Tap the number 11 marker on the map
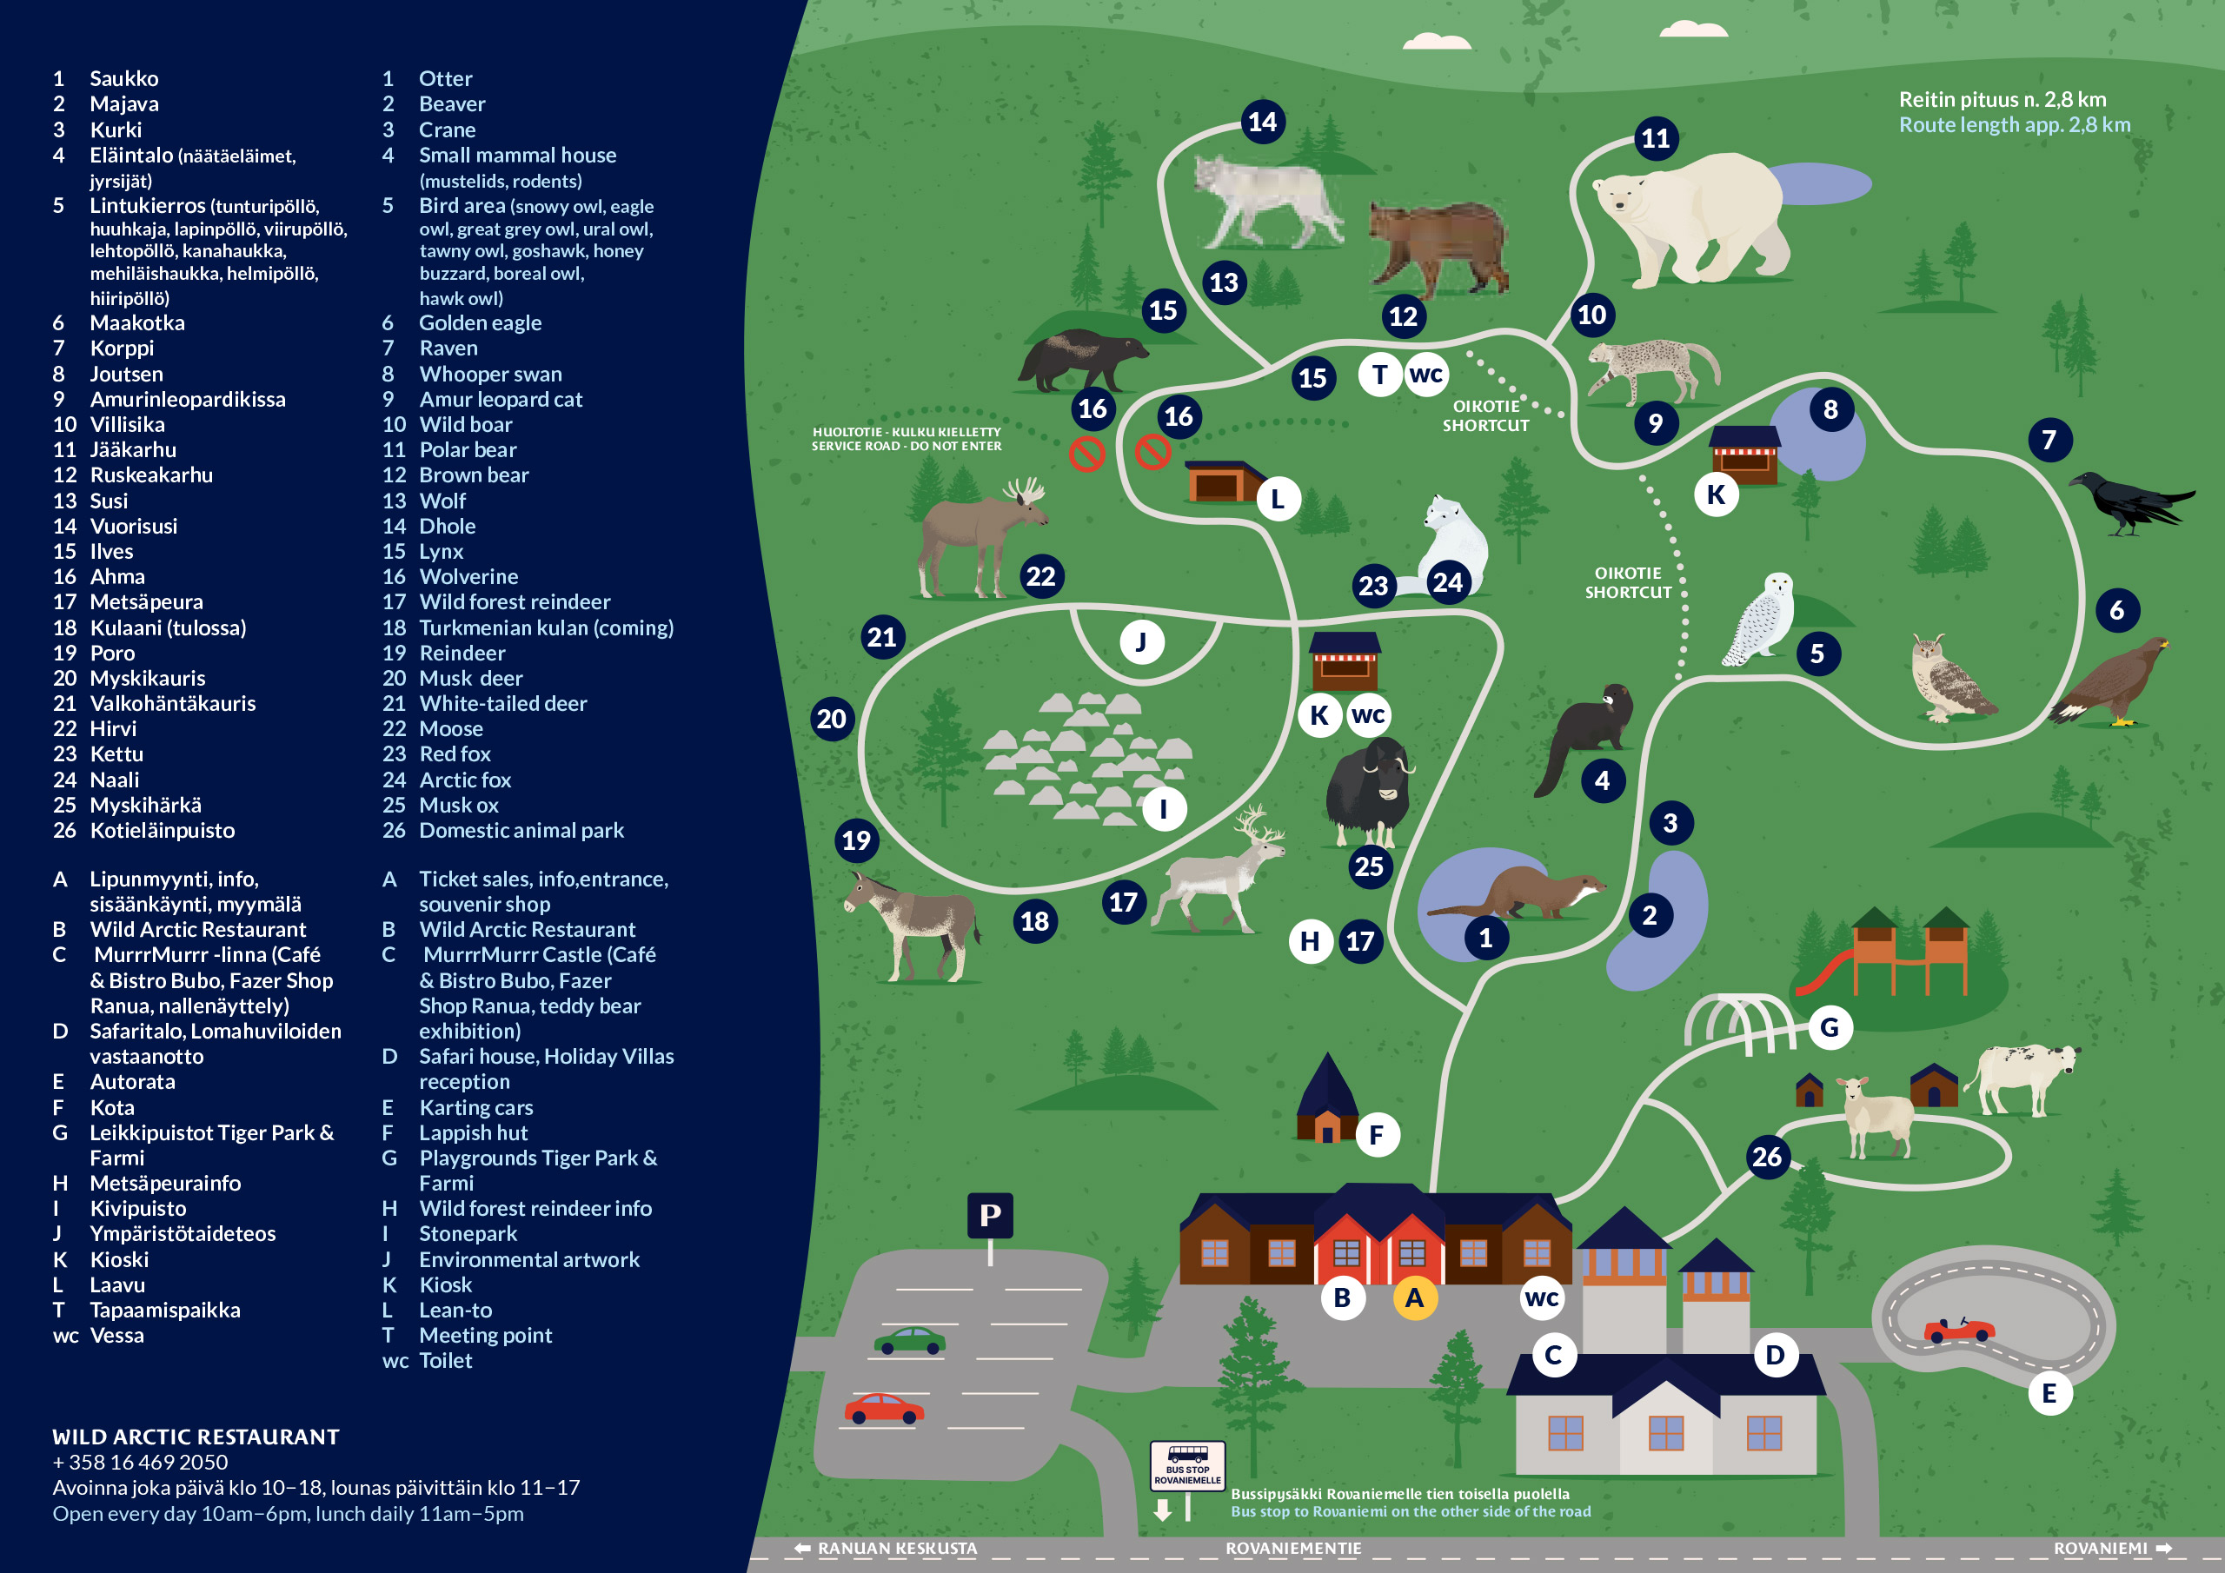pos(1655,138)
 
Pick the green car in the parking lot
pos(909,1340)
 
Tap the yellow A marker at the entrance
pos(1414,1298)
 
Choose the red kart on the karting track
pos(1958,1330)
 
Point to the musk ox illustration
pos(1369,791)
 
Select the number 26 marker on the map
pos(1767,1156)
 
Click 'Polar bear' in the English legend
pos(474,449)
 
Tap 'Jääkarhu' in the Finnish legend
pos(133,449)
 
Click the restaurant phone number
pos(141,1463)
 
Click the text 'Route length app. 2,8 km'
pos(2015,125)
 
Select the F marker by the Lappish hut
pos(1376,1135)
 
